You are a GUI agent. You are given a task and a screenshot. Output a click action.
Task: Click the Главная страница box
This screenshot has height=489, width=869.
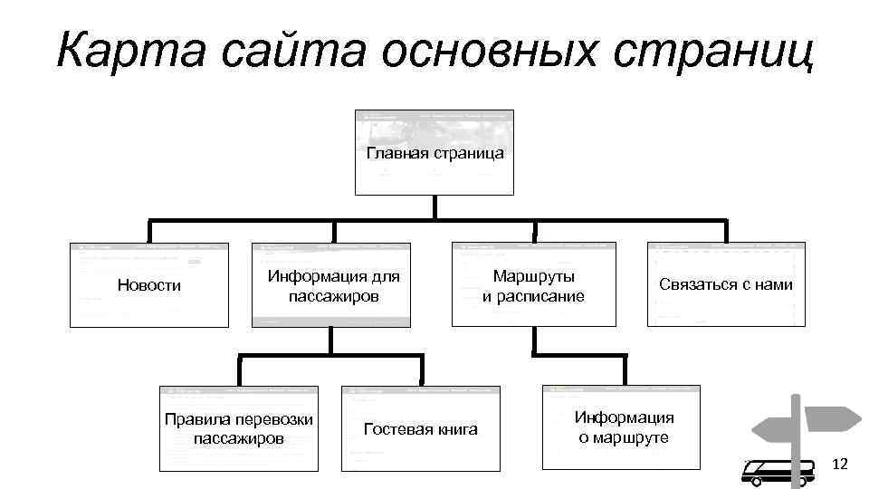(434, 152)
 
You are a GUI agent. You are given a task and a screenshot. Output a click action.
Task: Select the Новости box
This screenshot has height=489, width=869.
(149, 284)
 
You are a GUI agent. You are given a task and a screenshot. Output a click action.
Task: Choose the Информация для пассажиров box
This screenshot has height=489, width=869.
(332, 284)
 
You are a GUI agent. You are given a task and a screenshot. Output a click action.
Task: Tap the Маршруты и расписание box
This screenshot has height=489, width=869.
(533, 284)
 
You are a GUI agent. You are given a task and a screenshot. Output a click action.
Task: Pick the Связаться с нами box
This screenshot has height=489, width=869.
(726, 284)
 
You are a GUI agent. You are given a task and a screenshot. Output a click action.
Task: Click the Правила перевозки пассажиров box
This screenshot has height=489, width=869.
(239, 428)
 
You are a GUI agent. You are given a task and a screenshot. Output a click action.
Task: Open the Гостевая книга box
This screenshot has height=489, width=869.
(420, 428)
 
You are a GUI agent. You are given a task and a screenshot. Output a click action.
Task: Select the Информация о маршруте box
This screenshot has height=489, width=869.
(624, 427)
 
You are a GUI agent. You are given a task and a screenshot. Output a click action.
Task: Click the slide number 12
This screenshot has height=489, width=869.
(840, 465)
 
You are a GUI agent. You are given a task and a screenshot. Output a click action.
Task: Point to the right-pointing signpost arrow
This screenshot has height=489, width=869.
(831, 419)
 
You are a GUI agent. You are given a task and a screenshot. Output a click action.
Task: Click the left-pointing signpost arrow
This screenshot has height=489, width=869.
(773, 428)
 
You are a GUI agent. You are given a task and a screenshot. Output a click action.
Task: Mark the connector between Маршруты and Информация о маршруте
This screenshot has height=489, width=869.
(534, 355)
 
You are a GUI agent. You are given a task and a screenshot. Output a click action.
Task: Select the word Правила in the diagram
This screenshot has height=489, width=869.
(196, 419)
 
